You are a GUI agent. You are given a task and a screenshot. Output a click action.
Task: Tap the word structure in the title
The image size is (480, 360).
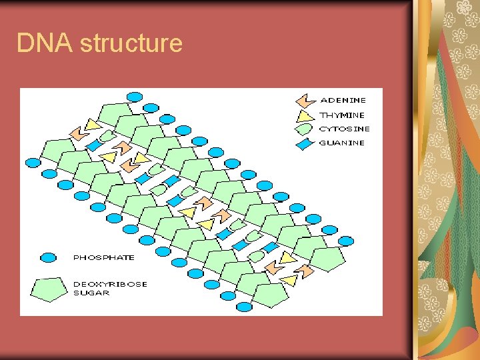point(131,43)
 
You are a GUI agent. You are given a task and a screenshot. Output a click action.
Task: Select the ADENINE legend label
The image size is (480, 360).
point(343,101)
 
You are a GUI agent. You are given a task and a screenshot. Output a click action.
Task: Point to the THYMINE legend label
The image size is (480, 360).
point(342,115)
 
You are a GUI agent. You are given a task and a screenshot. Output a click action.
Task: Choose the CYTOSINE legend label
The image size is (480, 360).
point(344,129)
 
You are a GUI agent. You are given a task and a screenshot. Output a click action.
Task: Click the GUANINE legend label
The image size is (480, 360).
point(342,143)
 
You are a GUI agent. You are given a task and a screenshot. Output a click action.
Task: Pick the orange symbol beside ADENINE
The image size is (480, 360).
point(306,101)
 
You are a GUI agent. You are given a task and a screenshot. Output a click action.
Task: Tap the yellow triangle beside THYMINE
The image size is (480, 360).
point(306,115)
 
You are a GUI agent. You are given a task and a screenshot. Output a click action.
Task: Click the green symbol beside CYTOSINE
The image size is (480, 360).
point(306,129)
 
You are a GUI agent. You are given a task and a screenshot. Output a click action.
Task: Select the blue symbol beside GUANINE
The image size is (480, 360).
point(306,143)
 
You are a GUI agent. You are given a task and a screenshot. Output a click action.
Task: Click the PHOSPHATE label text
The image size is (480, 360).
point(103,257)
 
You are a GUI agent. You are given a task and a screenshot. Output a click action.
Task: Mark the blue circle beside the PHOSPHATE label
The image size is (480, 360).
point(48,257)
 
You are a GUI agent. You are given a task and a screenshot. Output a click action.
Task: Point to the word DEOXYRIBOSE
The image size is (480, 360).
point(110,284)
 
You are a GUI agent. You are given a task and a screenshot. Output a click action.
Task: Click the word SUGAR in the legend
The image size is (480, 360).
point(91,293)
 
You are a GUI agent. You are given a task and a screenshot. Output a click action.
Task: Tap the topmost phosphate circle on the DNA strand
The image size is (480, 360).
point(135,97)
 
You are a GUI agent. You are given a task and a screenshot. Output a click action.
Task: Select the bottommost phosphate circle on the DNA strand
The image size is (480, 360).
point(245,307)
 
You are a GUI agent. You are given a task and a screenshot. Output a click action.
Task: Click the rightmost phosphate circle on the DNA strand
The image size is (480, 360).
point(347,241)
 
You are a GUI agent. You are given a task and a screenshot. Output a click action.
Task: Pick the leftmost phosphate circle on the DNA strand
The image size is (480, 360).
point(33,163)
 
